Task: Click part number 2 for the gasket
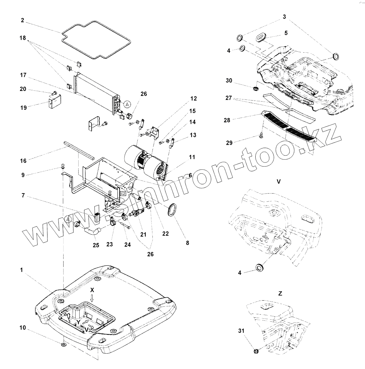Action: tap(22, 20)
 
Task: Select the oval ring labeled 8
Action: tap(172, 210)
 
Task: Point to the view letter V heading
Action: tap(279, 182)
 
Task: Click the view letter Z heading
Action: tap(280, 293)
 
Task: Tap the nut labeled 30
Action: tap(255, 89)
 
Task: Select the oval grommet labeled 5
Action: tap(262, 36)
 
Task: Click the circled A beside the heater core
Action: tap(127, 104)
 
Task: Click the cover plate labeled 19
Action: tap(54, 102)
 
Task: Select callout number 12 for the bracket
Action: tap(193, 98)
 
